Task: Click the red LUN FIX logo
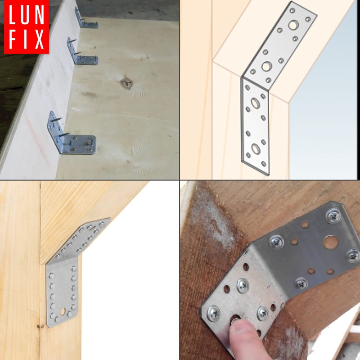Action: pyautogui.click(x=27, y=27)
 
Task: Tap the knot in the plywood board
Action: pyautogui.click(x=126, y=82)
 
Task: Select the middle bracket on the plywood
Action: pyautogui.click(x=81, y=52)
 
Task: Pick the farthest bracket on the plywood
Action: pyautogui.click(x=85, y=18)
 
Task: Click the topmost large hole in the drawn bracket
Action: pyautogui.click(x=293, y=25)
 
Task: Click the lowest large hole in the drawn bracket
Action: pyautogui.click(x=255, y=149)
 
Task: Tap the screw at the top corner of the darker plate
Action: pyautogui.click(x=333, y=216)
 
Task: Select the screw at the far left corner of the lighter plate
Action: pyautogui.click(x=213, y=313)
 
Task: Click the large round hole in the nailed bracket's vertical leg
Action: pyautogui.click(x=63, y=312)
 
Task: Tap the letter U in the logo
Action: pyautogui.click(x=27, y=15)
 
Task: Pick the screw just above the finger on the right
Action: pyautogui.click(x=263, y=314)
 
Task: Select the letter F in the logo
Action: pyautogui.click(x=14, y=40)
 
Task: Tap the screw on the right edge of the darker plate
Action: pyautogui.click(x=353, y=256)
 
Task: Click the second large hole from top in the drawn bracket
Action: pyautogui.click(x=266, y=67)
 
